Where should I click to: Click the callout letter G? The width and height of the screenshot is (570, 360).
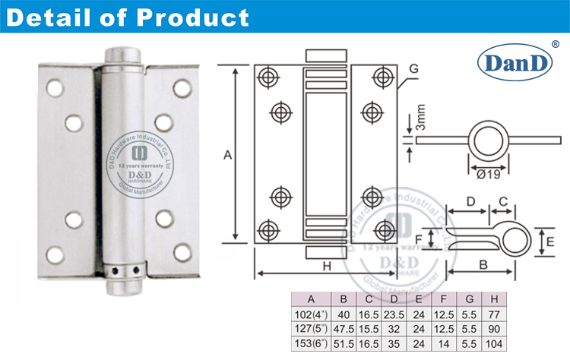tap(413, 68)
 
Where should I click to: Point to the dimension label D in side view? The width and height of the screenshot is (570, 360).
tap(470, 201)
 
